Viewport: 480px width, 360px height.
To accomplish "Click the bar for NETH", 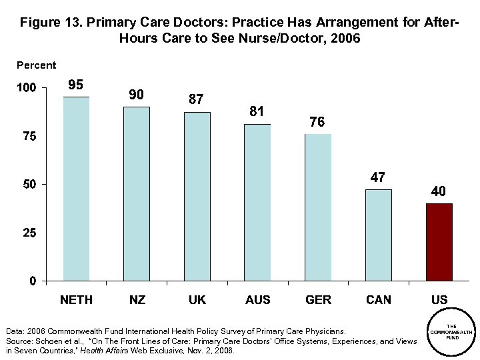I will click(x=76, y=189).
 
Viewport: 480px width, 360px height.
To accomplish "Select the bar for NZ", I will click(x=137, y=193).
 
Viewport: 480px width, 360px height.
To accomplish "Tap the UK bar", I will click(x=197, y=196).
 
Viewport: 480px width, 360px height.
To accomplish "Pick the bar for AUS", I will click(x=257, y=202).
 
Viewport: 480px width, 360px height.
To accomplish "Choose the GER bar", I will click(x=318, y=207).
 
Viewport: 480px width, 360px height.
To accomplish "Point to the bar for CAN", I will click(x=379, y=235).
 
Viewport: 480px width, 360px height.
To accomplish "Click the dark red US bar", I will click(x=439, y=241).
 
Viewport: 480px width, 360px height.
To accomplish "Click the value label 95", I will click(x=76, y=85).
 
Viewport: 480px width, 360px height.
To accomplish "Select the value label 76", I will click(x=318, y=122).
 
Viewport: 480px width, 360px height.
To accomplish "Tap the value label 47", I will click(x=379, y=177).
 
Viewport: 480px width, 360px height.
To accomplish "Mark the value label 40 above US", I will click(x=439, y=191).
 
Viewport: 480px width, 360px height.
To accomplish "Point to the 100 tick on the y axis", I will click(x=27, y=88).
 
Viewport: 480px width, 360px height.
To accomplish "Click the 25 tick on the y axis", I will click(x=30, y=233).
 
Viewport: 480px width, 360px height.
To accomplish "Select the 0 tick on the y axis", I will click(x=33, y=281).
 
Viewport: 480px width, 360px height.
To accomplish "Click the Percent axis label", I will click(x=37, y=65).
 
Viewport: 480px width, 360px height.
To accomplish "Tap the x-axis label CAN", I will click(x=379, y=300).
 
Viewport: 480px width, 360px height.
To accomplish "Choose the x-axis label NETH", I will click(x=76, y=300).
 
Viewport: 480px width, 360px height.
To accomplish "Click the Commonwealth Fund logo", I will click(x=452, y=331).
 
